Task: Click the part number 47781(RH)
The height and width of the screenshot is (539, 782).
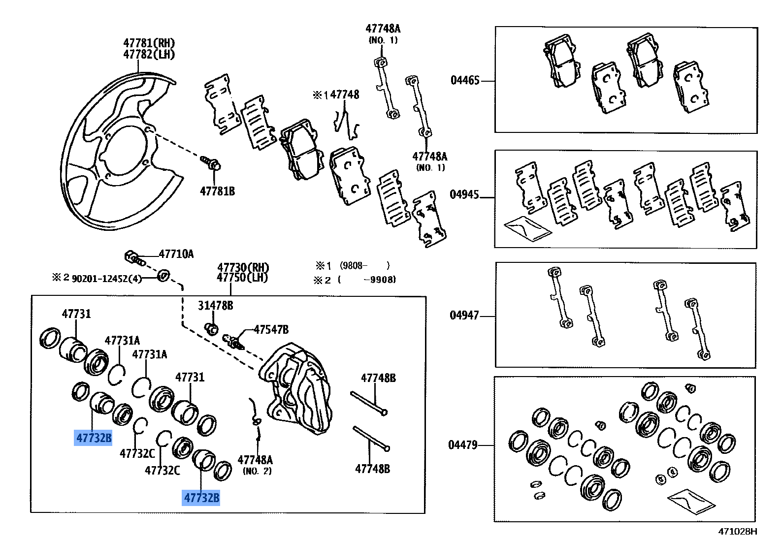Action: coord(149,43)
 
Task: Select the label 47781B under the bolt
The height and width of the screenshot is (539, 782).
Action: coord(217,191)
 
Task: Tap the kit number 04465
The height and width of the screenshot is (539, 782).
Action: coord(465,80)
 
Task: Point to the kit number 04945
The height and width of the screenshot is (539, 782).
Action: coord(464,194)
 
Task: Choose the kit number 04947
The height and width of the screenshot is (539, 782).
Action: coord(464,315)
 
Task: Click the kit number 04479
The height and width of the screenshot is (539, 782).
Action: coord(463,445)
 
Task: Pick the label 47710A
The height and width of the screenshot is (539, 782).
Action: coord(176,254)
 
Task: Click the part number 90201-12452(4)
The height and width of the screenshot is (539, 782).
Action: coord(106,279)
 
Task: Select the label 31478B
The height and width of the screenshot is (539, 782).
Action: coord(215,306)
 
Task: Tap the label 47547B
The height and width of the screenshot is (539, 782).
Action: coord(271,329)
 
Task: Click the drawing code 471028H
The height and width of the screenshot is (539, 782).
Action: coord(737,531)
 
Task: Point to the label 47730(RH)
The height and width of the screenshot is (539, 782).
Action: coord(243,268)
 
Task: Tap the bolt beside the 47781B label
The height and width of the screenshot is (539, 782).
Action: coord(211,162)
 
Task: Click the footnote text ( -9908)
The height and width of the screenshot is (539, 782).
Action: coord(367,280)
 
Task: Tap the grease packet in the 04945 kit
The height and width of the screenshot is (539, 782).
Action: coord(526,228)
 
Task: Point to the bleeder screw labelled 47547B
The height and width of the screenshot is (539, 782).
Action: coord(234,341)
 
